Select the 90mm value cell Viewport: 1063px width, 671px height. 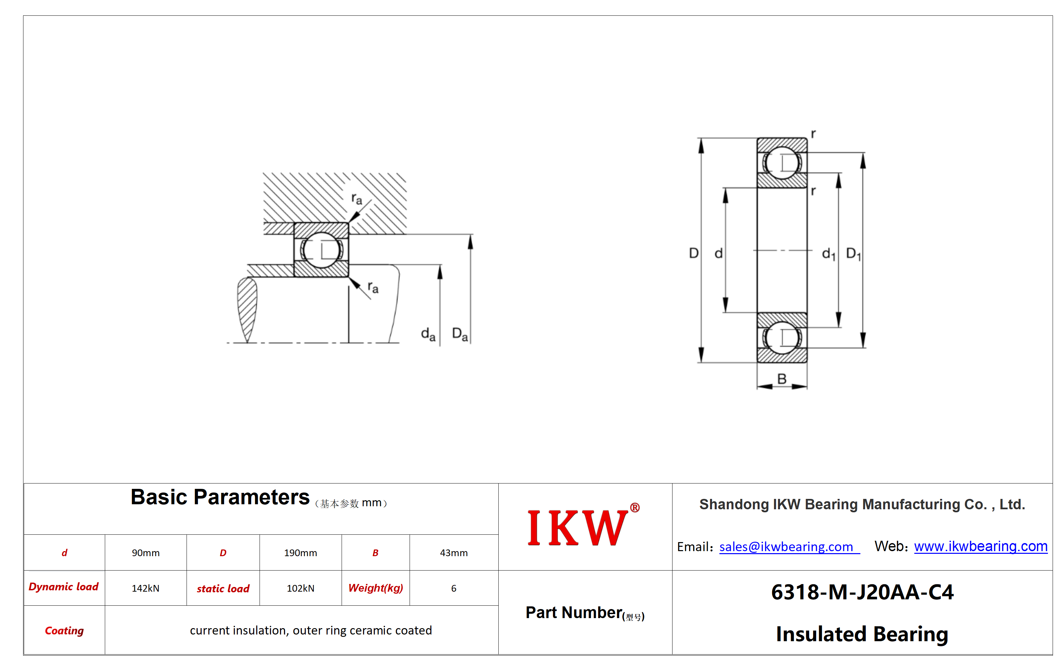146,553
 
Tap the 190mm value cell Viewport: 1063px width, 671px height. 301,553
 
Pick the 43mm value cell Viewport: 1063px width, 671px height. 454,553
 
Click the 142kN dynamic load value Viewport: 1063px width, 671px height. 146,588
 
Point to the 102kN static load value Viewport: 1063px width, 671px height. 301,588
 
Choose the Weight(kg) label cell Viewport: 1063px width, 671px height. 376,588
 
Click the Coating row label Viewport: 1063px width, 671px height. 64,630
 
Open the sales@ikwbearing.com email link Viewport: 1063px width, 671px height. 786,547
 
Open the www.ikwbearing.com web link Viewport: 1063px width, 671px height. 981,546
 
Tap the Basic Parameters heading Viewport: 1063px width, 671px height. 220,497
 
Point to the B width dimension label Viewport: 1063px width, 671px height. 782,379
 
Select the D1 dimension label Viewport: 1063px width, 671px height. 853,254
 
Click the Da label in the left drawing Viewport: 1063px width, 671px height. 460,334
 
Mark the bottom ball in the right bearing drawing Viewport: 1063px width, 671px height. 782,338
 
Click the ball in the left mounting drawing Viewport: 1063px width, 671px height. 322,250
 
